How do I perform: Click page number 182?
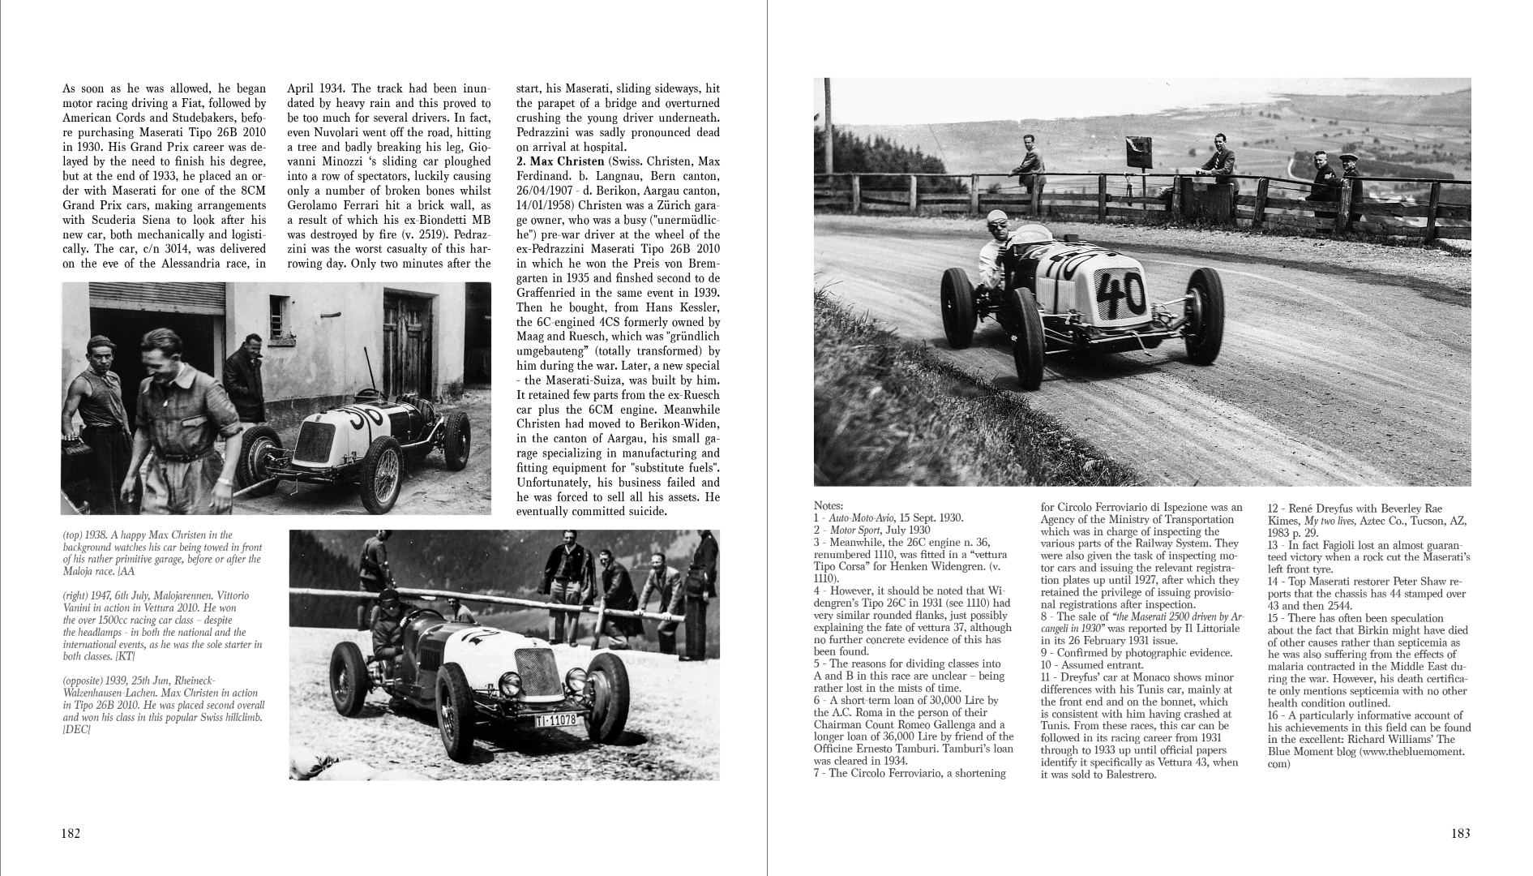coord(71,833)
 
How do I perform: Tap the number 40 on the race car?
coord(1123,293)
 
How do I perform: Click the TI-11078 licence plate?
coord(555,719)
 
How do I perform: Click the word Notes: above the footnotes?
coord(829,505)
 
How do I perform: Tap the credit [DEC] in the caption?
coord(77,730)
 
